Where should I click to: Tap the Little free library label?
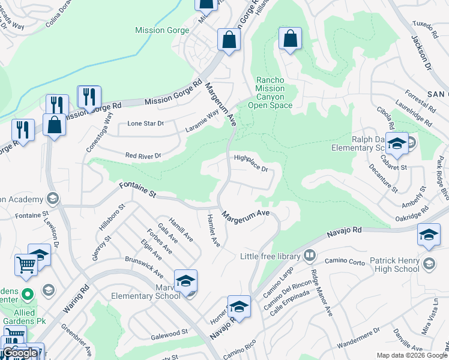coord(270,256)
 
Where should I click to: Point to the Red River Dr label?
coord(143,155)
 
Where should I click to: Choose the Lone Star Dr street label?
coord(145,124)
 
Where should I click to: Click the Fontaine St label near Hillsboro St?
coord(137,191)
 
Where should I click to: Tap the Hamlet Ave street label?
coord(214,230)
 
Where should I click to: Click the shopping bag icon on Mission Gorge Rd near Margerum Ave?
coord(229,40)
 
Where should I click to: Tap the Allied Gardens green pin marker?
coord(26,295)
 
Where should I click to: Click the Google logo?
coord(19,352)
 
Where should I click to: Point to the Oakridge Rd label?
coord(412,213)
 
